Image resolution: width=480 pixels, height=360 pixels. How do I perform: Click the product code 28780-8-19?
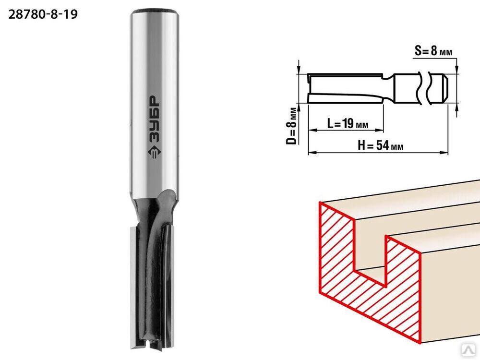click(43, 14)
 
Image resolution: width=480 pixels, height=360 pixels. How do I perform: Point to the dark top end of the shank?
click(154, 12)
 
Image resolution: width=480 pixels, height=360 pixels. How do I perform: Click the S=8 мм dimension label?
click(433, 50)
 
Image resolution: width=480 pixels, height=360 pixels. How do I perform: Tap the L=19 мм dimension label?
click(348, 123)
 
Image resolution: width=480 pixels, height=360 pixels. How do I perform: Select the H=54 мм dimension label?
click(381, 145)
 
